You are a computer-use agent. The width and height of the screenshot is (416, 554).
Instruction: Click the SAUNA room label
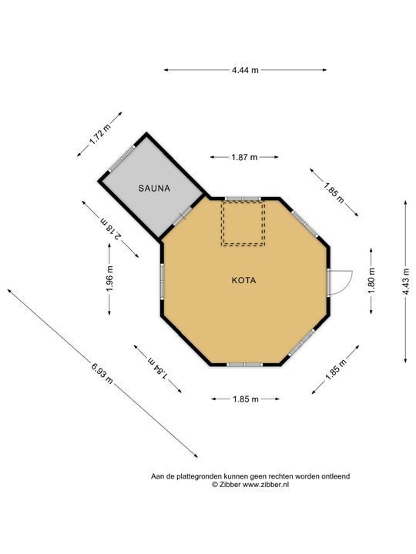pos(154,189)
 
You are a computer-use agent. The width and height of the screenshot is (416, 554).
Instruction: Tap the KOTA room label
pos(243,281)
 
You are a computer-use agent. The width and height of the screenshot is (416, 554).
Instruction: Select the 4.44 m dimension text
pos(245,70)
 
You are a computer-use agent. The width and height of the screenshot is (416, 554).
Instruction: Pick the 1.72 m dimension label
pos(99,135)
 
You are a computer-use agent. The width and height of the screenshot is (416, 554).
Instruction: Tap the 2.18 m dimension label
pos(111,229)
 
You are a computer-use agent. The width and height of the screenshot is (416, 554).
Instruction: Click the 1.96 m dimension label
pos(109,279)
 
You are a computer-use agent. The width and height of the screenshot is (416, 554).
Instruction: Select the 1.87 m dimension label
pos(244,157)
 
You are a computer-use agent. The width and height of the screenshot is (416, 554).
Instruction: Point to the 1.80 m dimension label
pos(371,282)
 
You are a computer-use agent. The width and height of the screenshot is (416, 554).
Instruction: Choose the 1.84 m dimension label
pos(157,369)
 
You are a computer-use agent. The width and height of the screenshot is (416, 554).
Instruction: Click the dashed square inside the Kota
pos(243,223)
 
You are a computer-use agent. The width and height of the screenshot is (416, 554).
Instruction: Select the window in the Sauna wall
pos(121,159)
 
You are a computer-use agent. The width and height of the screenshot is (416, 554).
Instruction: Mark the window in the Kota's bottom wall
pos(244,365)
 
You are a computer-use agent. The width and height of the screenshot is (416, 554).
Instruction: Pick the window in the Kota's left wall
pos(163,282)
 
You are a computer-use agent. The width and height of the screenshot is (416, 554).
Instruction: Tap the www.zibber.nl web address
pos(266,485)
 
